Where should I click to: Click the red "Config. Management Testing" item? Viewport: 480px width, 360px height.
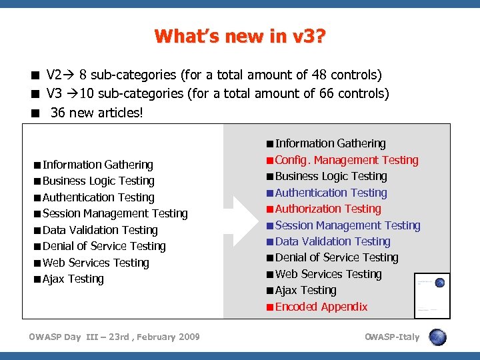[x=347, y=160]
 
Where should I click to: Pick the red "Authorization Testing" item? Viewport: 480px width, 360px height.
[x=328, y=209]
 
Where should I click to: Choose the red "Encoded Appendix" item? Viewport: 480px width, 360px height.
[x=321, y=307]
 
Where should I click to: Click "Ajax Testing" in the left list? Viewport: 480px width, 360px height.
[x=73, y=279]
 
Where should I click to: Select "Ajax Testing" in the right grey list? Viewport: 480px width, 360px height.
[x=306, y=290]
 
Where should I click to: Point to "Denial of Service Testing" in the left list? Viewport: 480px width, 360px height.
[x=104, y=246]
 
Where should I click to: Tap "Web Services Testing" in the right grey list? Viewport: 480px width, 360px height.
[x=328, y=274]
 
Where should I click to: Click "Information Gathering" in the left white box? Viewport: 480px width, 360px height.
[x=98, y=165]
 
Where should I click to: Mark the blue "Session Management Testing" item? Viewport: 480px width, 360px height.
[x=347, y=225]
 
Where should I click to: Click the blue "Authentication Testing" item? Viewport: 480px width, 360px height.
[x=331, y=193]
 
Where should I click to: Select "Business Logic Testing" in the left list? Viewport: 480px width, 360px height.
[x=99, y=181]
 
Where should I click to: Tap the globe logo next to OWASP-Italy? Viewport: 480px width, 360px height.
[x=438, y=337]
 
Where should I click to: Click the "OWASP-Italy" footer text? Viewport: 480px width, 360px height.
[x=392, y=337]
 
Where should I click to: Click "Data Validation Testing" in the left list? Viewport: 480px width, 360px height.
[x=100, y=230]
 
